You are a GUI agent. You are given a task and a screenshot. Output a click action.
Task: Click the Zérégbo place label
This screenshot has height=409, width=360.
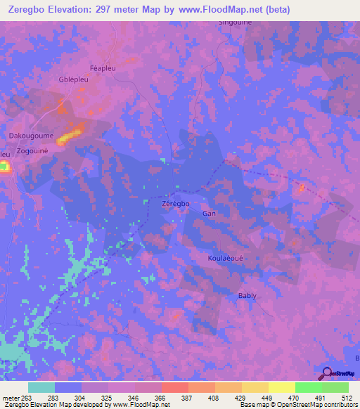point(176,203)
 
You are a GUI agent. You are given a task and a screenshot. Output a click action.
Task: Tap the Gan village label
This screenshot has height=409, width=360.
point(208,213)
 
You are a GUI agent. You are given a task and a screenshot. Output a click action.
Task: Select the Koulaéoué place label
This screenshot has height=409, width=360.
point(225,258)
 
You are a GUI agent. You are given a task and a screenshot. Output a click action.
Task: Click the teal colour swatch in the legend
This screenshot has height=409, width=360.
point(41,387)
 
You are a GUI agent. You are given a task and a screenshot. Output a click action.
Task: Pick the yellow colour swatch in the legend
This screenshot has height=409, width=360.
point(282,387)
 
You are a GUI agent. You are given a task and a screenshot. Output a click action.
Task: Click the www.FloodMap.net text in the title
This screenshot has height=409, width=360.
point(219,9)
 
